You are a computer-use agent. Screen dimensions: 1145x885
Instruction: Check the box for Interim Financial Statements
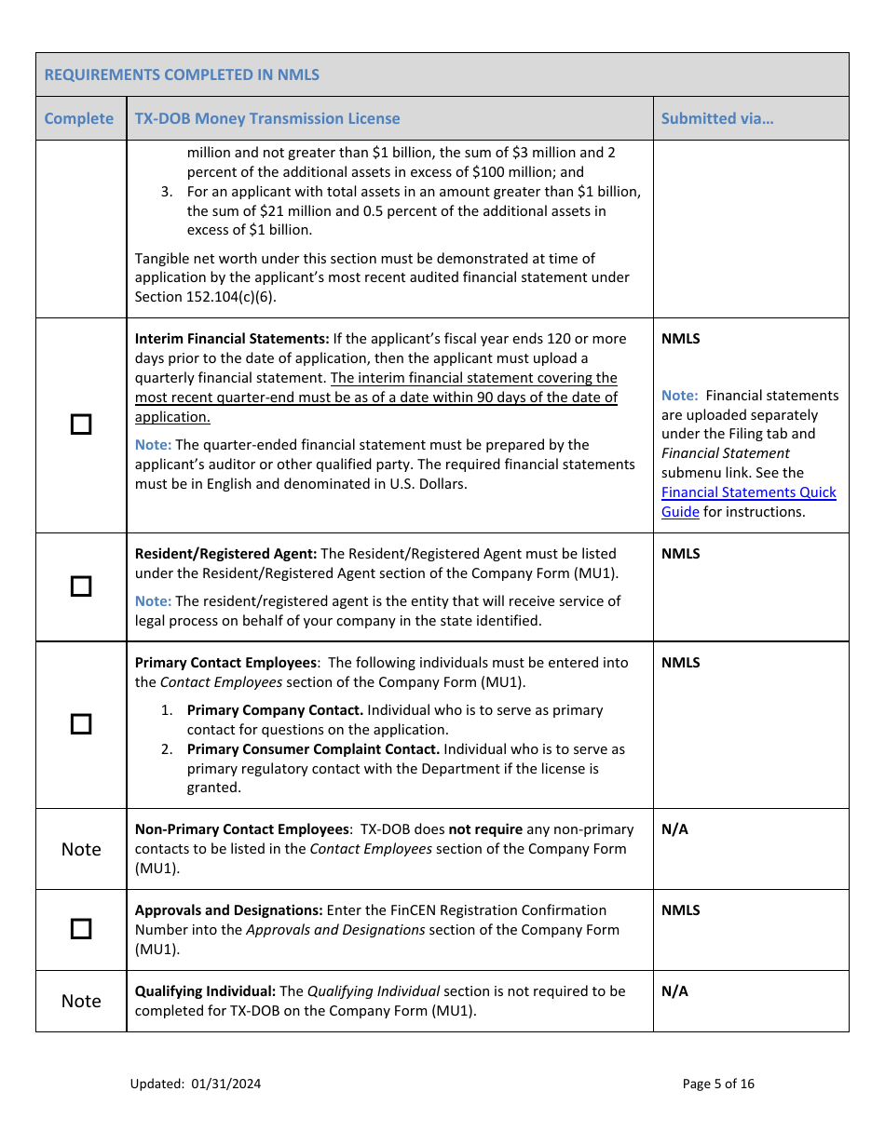coord(82,424)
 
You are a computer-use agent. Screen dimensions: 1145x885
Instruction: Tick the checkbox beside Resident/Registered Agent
coord(82,586)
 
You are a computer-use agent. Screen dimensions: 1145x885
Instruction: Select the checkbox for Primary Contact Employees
coord(82,724)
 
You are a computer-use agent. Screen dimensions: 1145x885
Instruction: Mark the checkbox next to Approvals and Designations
coord(82,929)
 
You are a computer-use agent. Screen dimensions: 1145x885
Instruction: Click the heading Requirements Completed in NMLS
coord(182,74)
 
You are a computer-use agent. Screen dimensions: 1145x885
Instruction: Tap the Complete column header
coord(79,118)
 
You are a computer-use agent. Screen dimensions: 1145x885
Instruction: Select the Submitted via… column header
coord(716,118)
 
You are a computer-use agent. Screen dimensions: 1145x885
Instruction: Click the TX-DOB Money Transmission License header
coord(267,118)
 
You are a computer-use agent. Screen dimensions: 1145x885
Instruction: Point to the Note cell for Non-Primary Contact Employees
coord(81,849)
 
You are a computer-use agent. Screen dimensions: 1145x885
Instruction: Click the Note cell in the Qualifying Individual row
coord(81,1001)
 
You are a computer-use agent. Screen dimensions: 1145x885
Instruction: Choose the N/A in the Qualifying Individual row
coord(674,991)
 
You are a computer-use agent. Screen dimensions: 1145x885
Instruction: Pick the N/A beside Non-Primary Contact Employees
coord(674,829)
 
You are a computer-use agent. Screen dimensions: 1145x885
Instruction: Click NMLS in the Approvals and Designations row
coord(680,910)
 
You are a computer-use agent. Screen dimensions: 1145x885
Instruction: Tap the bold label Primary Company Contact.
coord(275,710)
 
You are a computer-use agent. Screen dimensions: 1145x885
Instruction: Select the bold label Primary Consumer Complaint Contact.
coord(313,749)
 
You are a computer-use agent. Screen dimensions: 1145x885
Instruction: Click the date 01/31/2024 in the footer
coord(226,1084)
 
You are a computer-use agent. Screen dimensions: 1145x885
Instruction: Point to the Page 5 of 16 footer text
coord(718,1084)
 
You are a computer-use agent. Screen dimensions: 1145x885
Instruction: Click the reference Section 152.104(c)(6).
coord(205,297)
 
